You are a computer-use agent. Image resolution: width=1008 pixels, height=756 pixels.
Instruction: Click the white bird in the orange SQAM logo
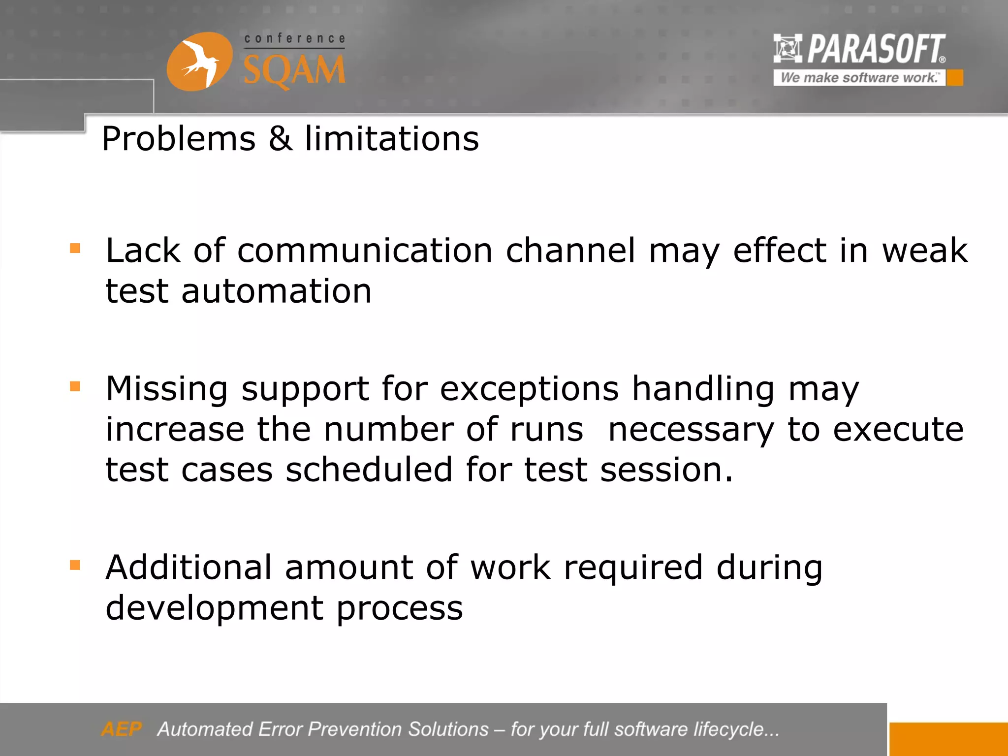pos(199,63)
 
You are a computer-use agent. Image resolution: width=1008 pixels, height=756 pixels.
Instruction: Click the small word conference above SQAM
pos(294,38)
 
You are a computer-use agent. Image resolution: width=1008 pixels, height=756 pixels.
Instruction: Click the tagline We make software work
pos(859,78)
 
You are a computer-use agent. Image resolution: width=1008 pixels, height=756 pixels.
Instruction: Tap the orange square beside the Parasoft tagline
pos(955,78)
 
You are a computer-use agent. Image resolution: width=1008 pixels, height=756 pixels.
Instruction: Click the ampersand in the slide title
pos(280,138)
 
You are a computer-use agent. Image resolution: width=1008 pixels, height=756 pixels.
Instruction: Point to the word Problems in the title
pos(179,138)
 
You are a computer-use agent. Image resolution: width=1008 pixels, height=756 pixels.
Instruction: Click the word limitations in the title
pos(392,138)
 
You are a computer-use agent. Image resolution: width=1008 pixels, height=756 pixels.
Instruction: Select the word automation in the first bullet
pos(276,291)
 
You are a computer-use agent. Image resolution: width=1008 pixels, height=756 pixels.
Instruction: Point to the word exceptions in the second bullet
pos(529,389)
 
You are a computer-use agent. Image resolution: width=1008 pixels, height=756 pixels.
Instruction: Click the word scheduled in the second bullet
pos(369,470)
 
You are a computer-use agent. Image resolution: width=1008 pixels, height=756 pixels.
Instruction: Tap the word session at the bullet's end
pos(666,470)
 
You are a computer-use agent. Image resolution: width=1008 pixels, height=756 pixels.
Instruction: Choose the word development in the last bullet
pos(214,608)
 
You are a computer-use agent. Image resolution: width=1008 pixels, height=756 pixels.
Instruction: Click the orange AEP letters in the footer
pos(121,729)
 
